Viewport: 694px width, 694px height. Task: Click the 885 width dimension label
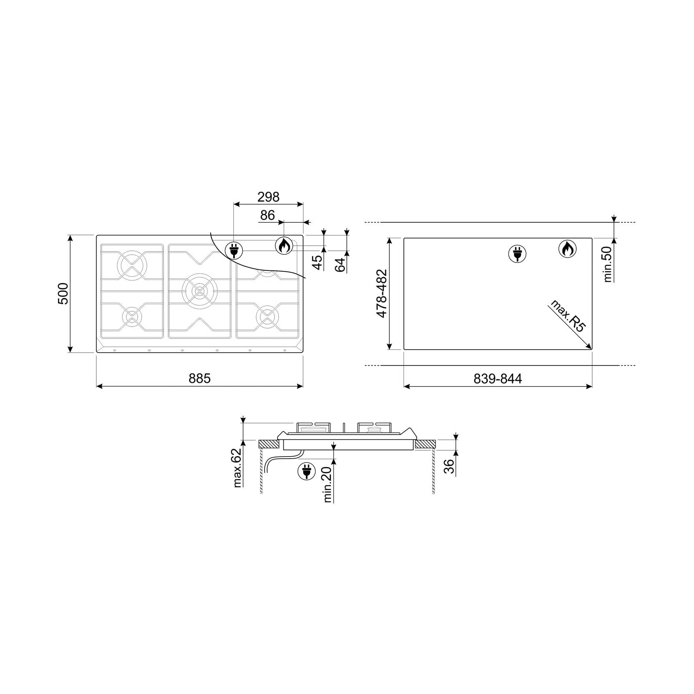coord(199,378)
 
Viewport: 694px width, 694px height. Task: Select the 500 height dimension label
coord(63,293)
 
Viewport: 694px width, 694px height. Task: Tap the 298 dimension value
coord(268,197)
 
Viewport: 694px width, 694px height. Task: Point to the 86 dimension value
coord(268,215)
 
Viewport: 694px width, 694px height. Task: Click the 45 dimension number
coord(318,262)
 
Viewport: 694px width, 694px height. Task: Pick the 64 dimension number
coord(341,265)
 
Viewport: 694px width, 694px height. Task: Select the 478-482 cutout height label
coord(382,293)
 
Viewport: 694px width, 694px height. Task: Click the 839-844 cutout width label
coord(498,378)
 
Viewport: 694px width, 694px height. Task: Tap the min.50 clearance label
coord(607,264)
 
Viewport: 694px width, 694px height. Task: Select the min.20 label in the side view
coord(328,484)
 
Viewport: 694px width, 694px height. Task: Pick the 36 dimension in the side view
coord(449,467)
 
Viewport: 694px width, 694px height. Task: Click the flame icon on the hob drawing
coord(284,246)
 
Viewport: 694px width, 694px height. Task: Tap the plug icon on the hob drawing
coord(234,250)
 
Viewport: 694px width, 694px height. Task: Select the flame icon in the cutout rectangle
coord(568,249)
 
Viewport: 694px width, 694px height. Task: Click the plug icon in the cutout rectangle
coord(517,254)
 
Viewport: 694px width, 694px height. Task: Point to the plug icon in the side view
coord(307,471)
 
